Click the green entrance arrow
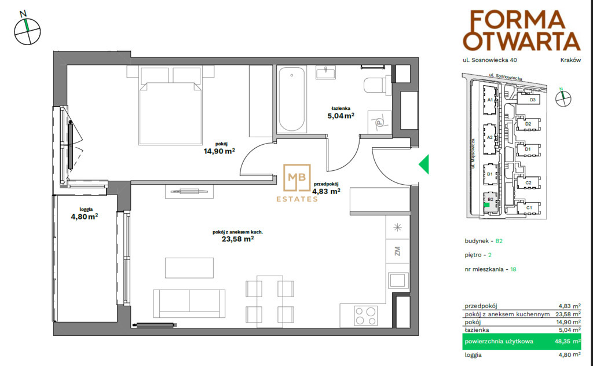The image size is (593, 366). [x=425, y=164]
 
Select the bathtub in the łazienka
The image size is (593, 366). [x=292, y=100]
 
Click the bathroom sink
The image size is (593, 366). [x=325, y=72]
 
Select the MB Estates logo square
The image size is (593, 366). [x=297, y=177]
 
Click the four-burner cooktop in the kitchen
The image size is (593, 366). [x=365, y=316]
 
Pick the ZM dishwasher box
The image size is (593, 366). [x=397, y=251]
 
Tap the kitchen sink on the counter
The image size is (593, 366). [x=397, y=280]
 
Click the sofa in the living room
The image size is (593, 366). [x=189, y=303]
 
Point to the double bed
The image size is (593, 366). [x=170, y=105]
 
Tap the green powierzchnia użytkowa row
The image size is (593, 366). [x=522, y=342]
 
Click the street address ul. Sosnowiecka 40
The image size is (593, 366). [x=490, y=60]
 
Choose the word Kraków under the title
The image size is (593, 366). [x=570, y=60]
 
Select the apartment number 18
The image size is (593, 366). [x=513, y=269]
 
